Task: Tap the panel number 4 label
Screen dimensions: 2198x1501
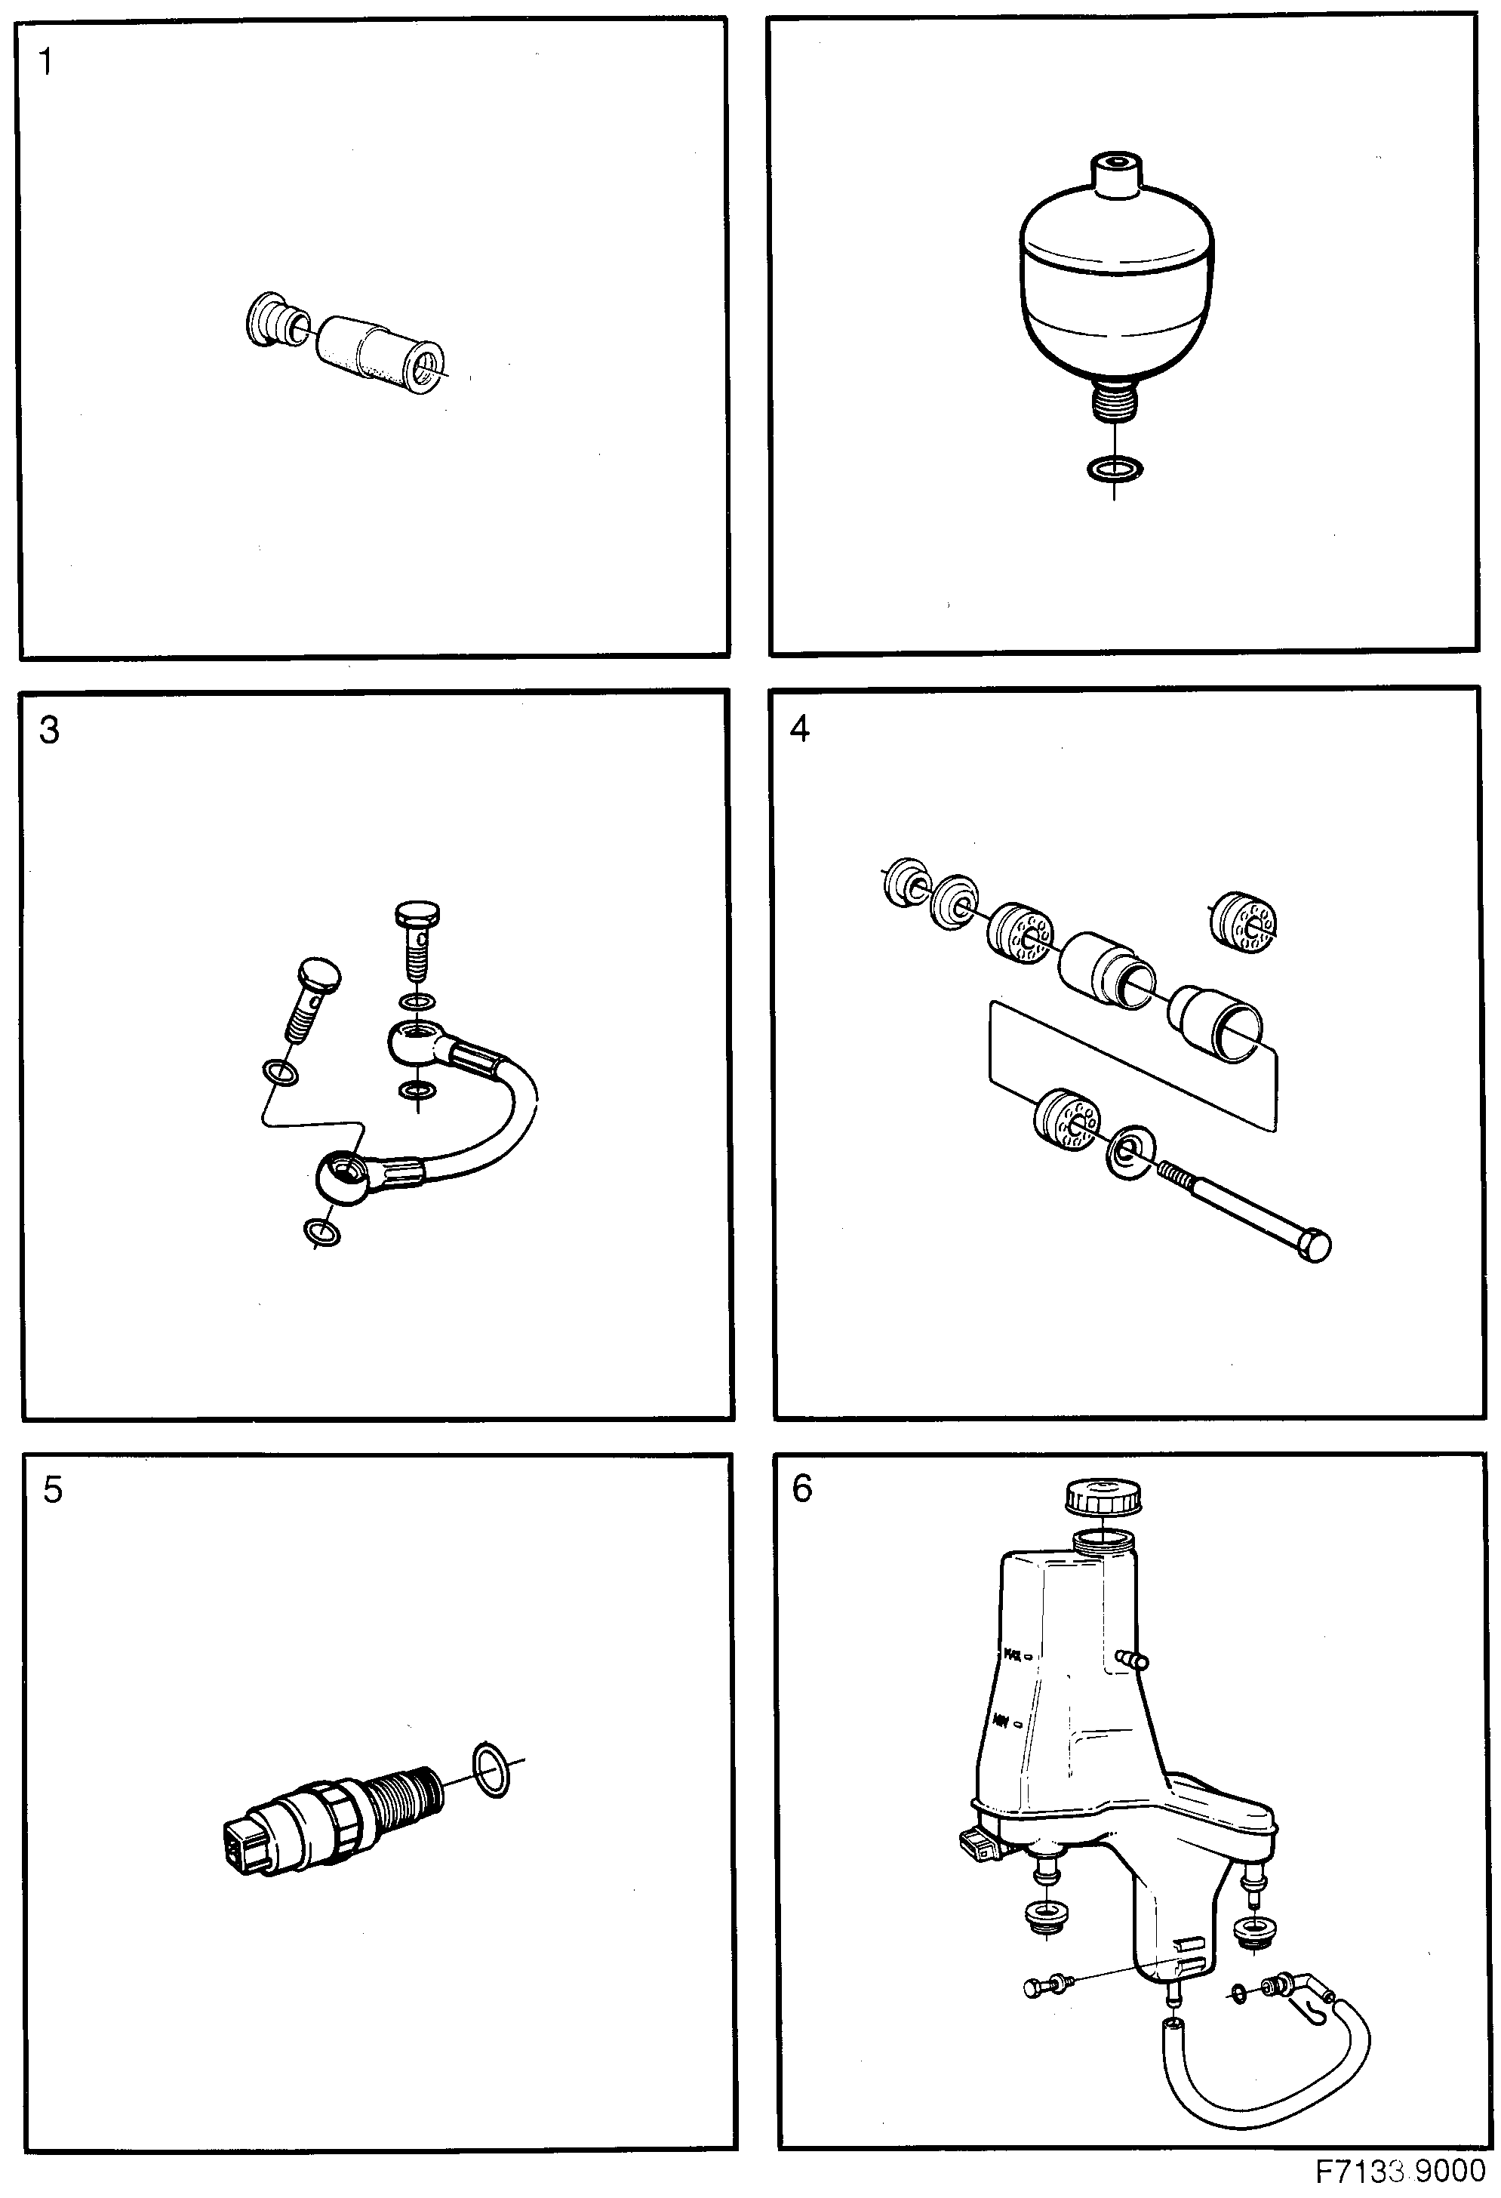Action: click(x=799, y=729)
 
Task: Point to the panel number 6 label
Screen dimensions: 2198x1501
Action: click(x=802, y=1488)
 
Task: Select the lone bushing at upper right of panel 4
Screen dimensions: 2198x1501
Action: click(x=1243, y=921)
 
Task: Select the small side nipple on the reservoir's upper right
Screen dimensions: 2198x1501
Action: click(x=1132, y=1658)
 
